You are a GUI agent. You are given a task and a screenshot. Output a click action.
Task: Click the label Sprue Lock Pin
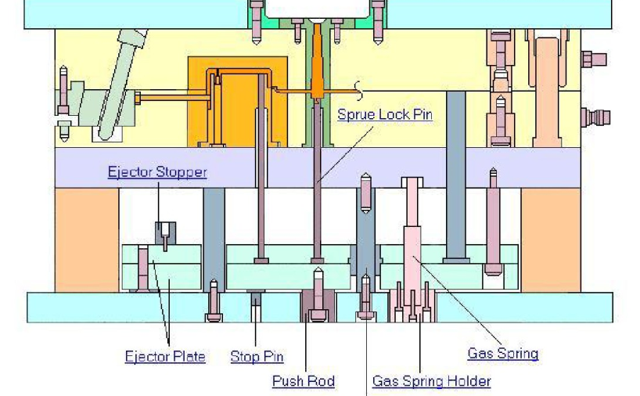point(385,115)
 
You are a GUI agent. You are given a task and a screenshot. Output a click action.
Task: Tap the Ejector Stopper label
point(157,172)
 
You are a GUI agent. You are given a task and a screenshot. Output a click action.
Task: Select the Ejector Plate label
point(165,357)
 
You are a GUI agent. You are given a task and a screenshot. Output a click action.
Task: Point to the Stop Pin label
point(257,357)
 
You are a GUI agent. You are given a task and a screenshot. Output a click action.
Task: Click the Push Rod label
point(304,381)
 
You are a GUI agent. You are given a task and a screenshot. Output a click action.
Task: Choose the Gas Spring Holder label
point(431,381)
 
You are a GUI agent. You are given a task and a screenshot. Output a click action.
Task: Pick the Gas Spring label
point(503,353)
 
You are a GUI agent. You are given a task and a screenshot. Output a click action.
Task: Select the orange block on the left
point(86,239)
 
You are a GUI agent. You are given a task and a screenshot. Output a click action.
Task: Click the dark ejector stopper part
point(164,232)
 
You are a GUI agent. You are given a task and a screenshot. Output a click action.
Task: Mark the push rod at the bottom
point(318,304)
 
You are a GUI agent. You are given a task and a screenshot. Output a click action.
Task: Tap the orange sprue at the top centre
point(317,70)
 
